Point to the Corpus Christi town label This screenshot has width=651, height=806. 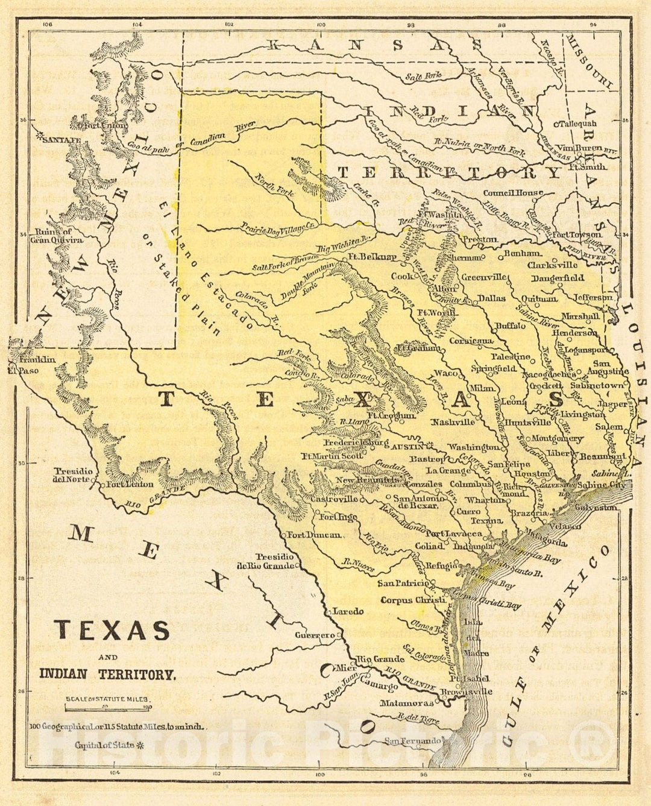point(413,600)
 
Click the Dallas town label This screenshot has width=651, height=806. point(491,298)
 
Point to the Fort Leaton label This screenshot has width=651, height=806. point(130,483)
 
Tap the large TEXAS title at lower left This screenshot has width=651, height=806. point(112,630)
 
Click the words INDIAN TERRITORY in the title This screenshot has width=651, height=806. point(108,675)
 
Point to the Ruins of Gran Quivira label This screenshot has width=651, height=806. point(52,236)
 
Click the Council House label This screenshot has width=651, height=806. point(512,193)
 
